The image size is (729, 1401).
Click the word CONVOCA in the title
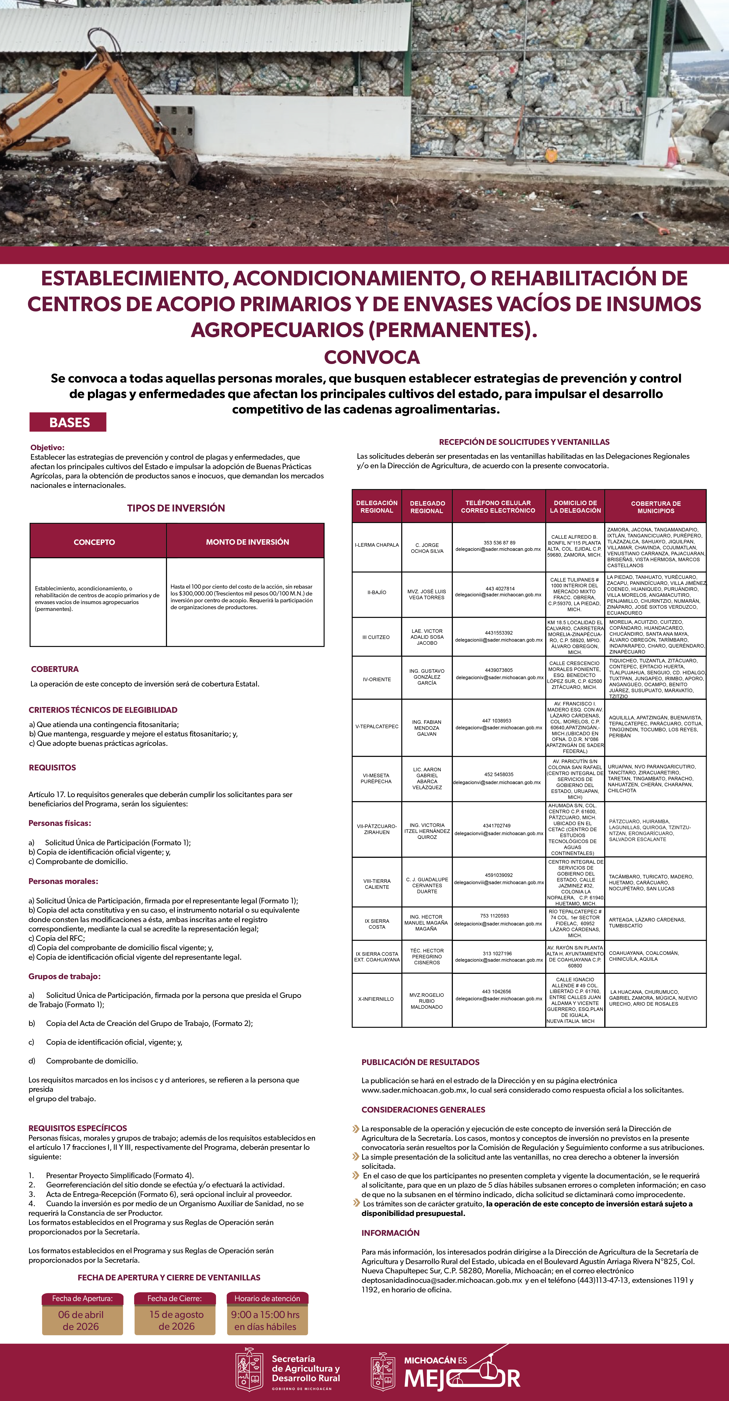[x=372, y=357]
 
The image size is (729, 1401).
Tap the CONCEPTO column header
[x=94, y=542]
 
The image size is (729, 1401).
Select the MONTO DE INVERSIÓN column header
[x=247, y=542]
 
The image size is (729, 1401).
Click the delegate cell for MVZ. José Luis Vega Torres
[x=427, y=594]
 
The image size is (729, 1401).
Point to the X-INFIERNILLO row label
[x=376, y=999]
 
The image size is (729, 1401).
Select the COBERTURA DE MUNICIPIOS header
[x=656, y=507]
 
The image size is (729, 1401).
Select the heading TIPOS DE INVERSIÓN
[x=176, y=508]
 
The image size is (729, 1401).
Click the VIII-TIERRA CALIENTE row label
[x=376, y=884]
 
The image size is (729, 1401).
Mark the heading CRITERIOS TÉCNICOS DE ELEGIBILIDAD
[x=103, y=710]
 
